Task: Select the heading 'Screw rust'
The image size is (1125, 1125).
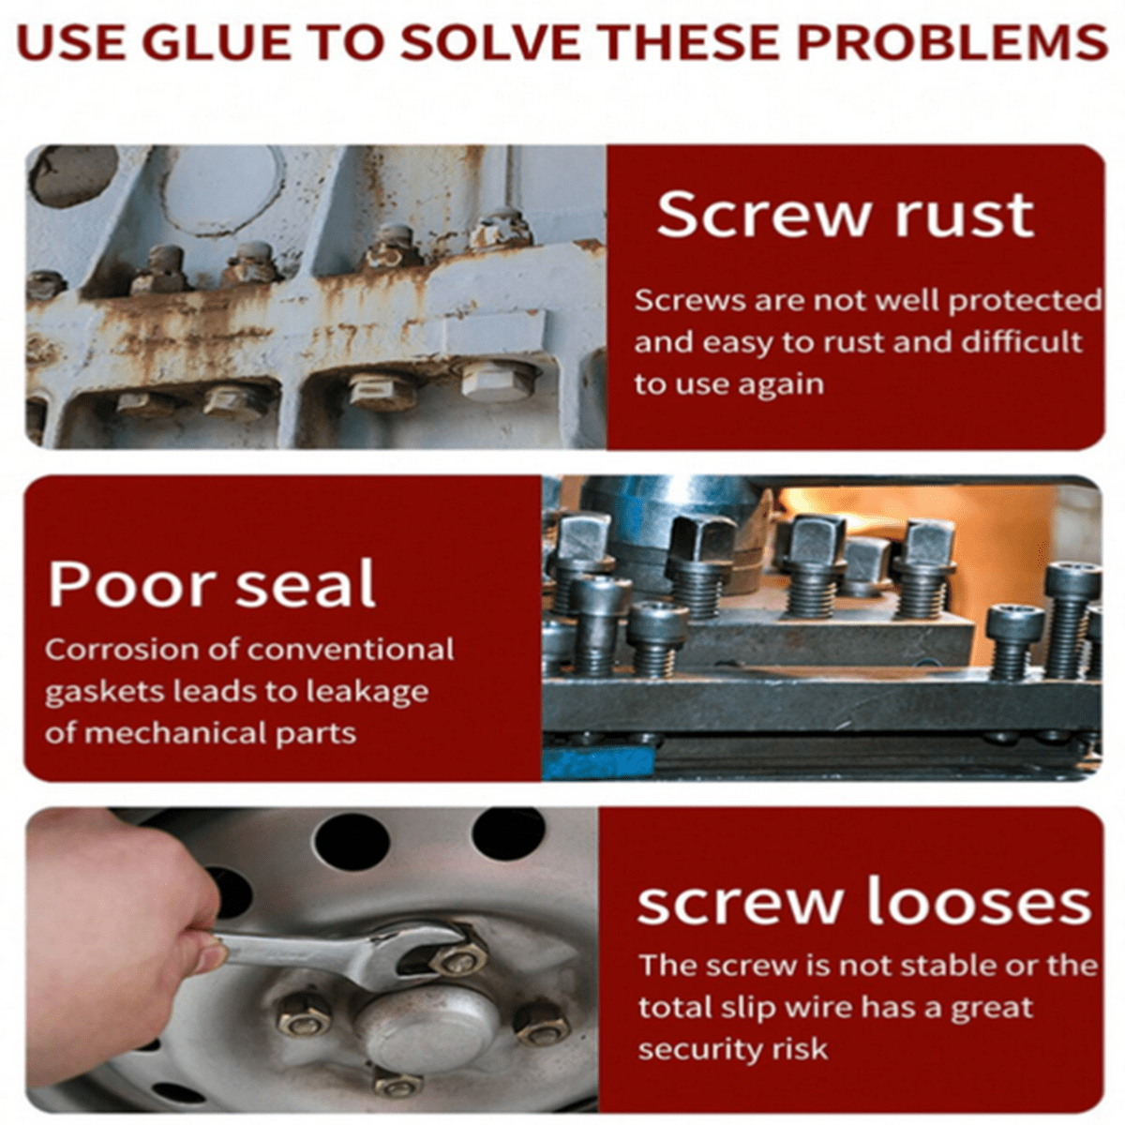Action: [845, 215]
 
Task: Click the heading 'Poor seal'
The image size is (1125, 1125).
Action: [212, 583]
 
